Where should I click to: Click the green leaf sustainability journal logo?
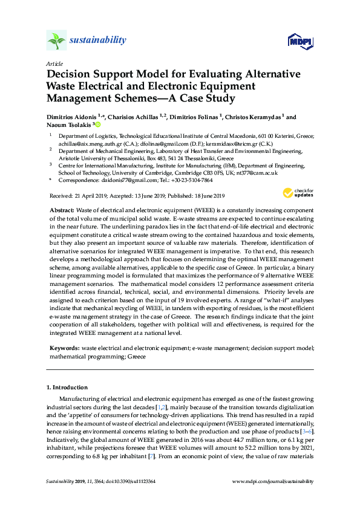[56, 41]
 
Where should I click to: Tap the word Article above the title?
[55, 63]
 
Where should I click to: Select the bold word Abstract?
[62, 209]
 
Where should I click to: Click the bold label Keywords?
[64, 349]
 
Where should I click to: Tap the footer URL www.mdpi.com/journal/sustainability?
[273, 482]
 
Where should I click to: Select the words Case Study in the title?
[205, 97]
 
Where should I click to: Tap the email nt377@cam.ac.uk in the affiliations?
[258, 172]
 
